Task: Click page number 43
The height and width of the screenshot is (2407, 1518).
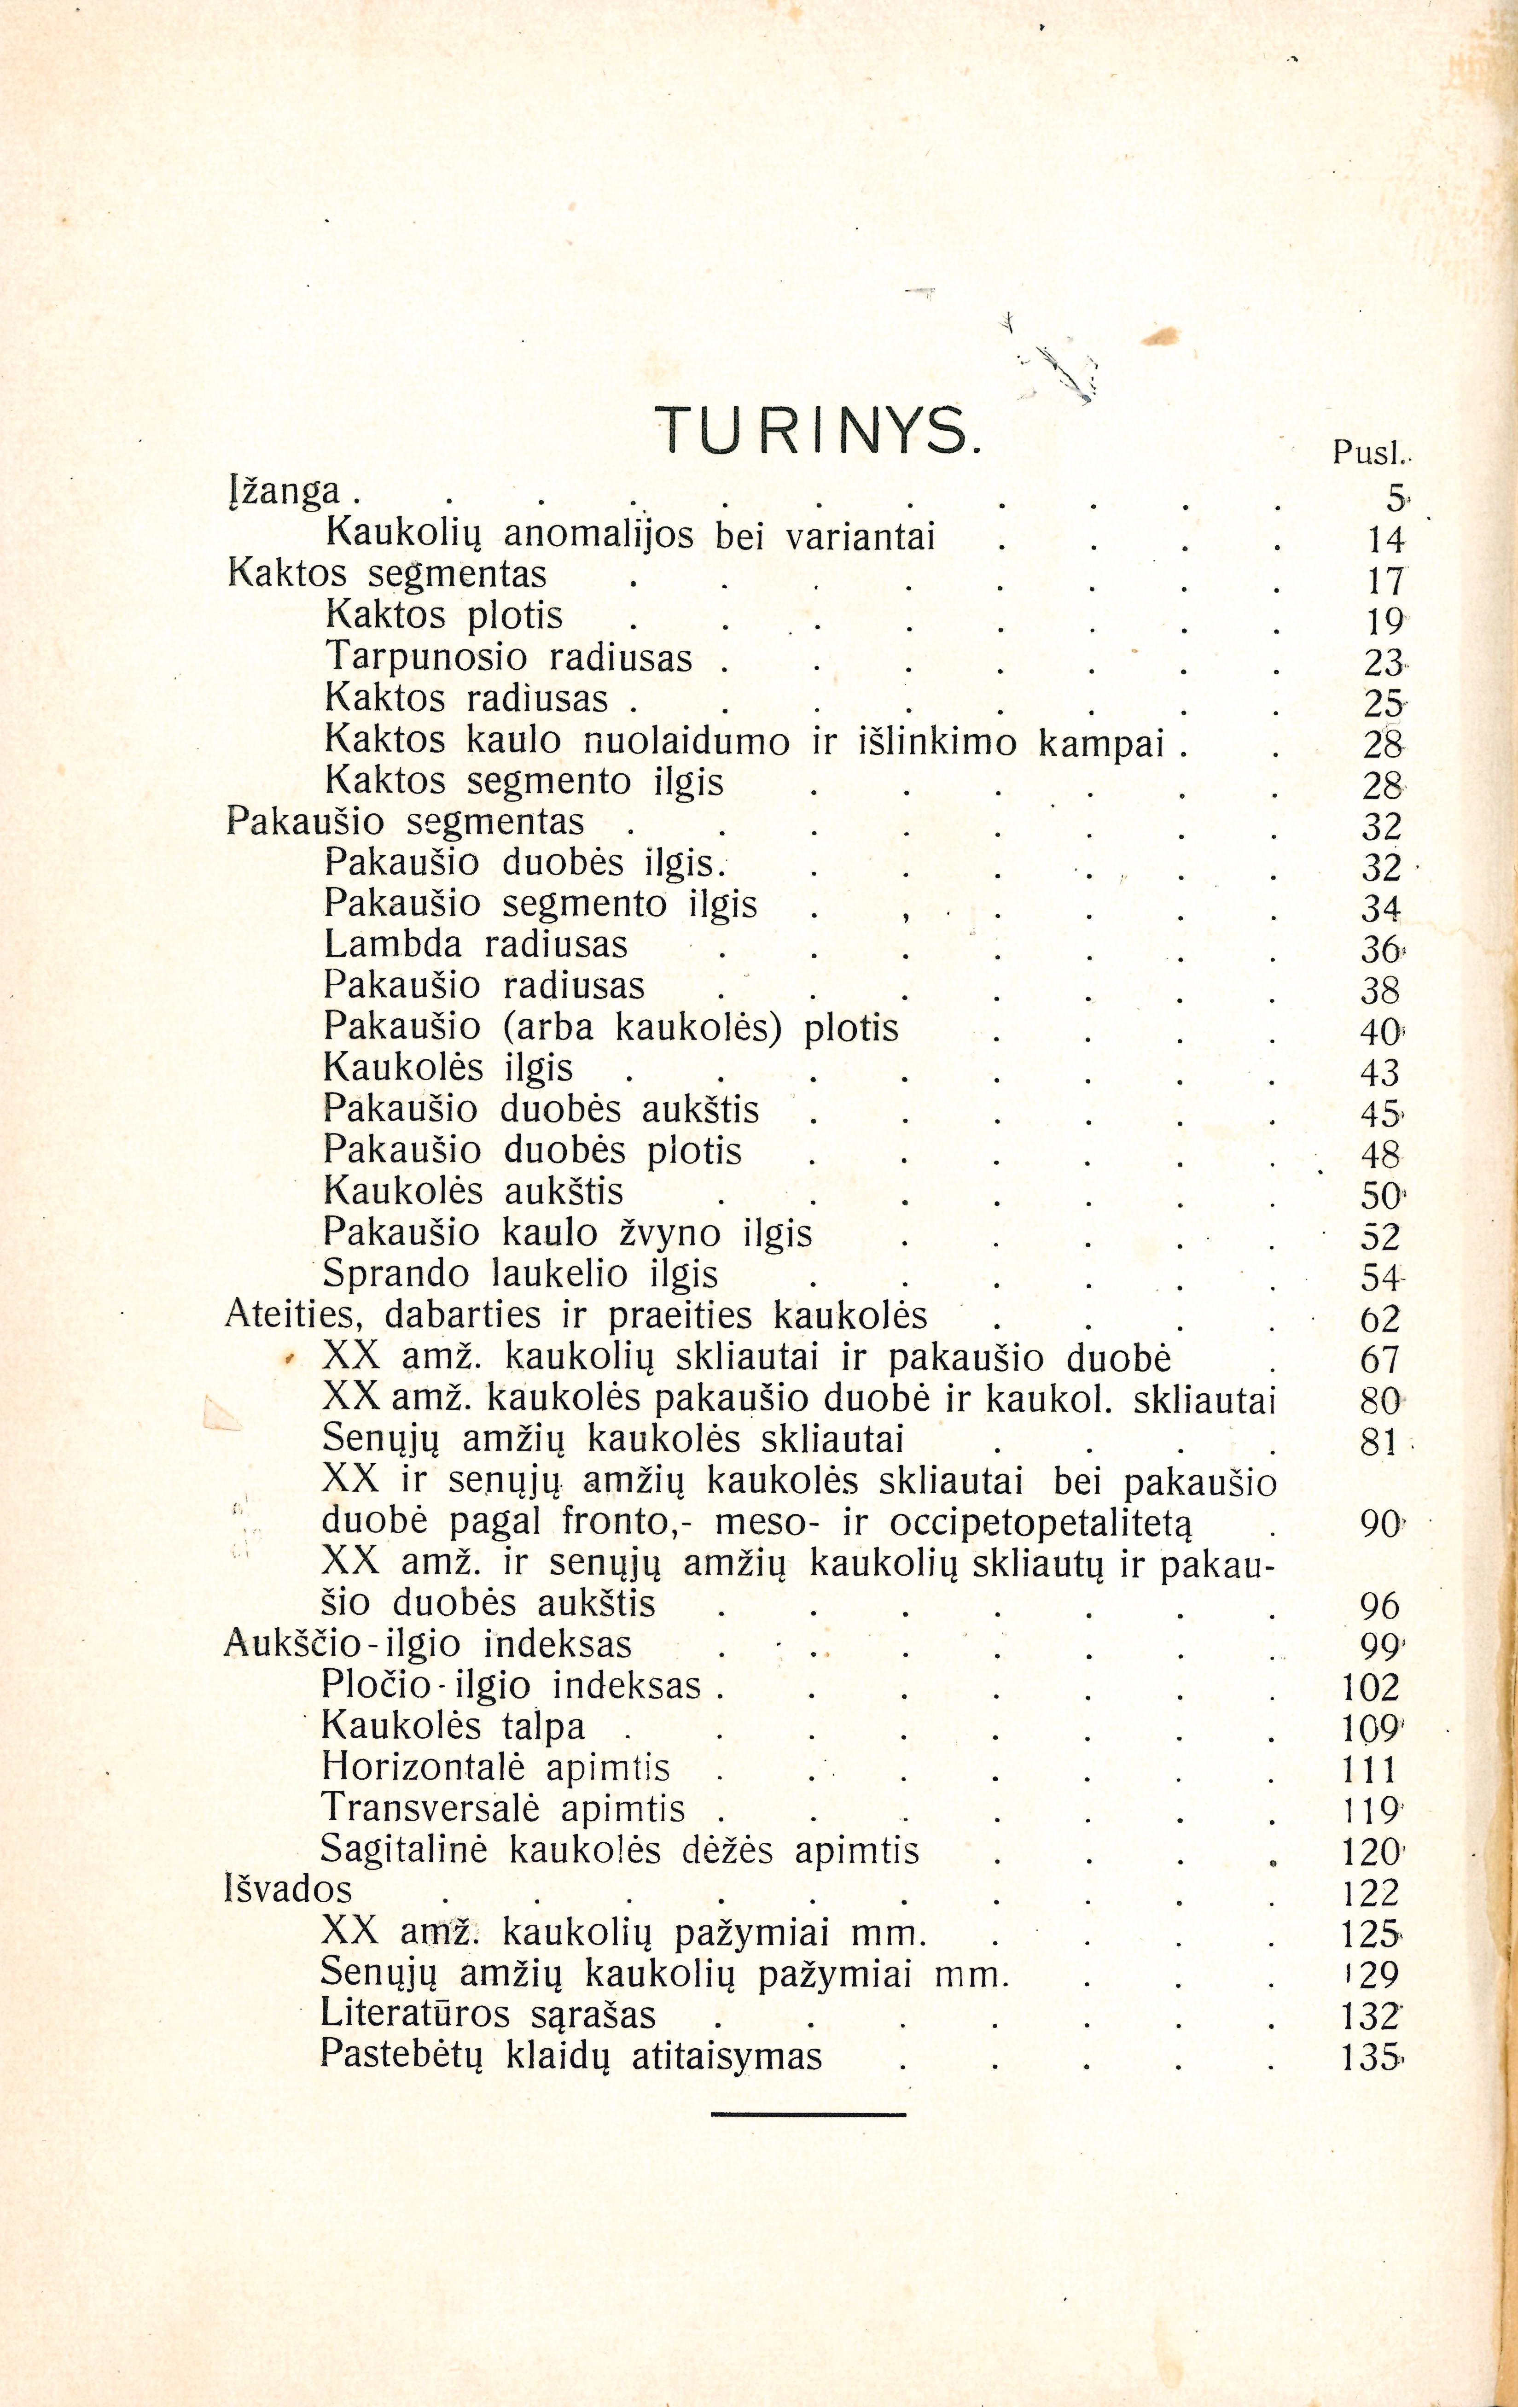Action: [x=1380, y=1073]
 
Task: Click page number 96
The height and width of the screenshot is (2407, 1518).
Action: [x=1380, y=1607]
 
